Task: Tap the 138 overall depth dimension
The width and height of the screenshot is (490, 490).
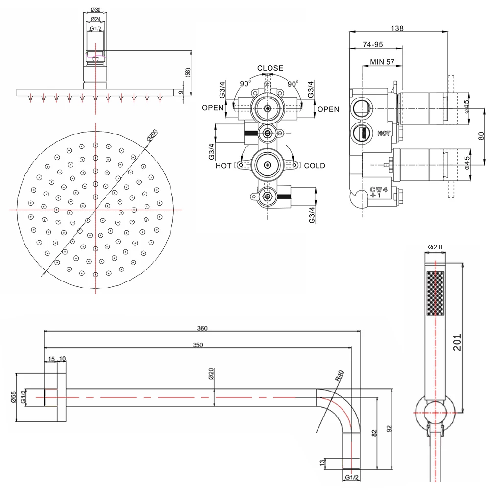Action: point(398,29)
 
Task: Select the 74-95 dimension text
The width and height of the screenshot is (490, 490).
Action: point(373,44)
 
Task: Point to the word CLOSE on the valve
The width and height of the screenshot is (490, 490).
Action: point(270,68)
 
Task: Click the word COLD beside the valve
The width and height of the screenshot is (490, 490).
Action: point(314,166)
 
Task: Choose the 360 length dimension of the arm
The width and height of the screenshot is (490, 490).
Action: point(202,328)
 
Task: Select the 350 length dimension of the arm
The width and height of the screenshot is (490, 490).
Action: point(198,345)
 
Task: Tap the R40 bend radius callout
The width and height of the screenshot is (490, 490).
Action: point(340,376)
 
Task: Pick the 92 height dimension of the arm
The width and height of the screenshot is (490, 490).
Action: point(389,429)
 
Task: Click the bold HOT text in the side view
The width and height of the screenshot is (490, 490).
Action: point(384,133)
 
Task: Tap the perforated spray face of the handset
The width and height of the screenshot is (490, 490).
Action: point(435,294)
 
